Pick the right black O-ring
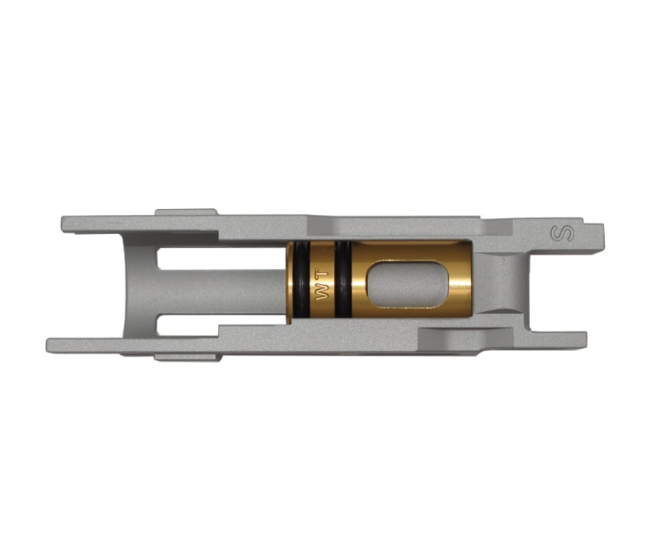click(343, 282)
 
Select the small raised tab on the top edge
click(186, 212)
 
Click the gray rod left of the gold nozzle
click(229, 284)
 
